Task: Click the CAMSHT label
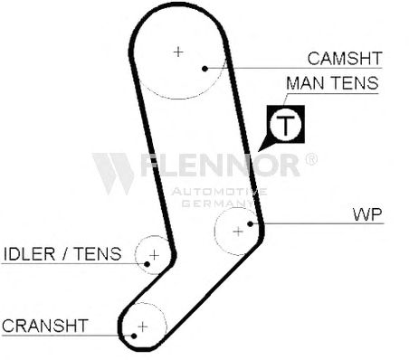point(345,58)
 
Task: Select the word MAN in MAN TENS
point(304,83)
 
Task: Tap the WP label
point(367,214)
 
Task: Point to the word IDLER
point(29,253)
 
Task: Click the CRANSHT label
point(45,326)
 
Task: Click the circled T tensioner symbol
point(285,125)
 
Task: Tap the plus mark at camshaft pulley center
point(178,52)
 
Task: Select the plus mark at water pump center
point(238,232)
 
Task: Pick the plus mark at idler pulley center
point(154,255)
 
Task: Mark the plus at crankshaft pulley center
point(142,327)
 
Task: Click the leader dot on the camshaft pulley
point(204,69)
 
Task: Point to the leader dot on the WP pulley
point(250,223)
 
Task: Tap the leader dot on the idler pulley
point(147,264)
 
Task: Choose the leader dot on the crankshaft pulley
point(134,336)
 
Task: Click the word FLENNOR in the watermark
point(220,165)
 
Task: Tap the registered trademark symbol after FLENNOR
point(311,159)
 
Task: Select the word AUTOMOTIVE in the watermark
point(219,192)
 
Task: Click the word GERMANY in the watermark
point(218,204)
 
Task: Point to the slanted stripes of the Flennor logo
point(113,174)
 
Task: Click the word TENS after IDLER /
point(98,253)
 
